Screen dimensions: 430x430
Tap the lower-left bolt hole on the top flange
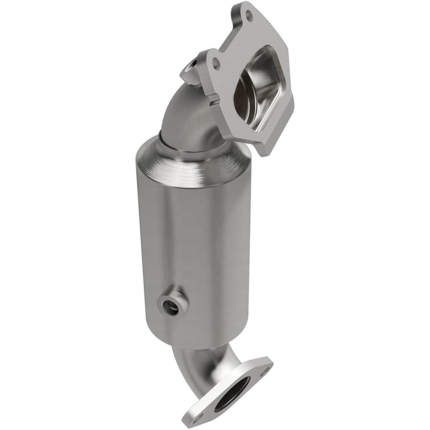click(x=216, y=63)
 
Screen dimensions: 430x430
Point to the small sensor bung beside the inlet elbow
click(x=192, y=71)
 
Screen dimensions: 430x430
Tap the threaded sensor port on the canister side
click(x=171, y=305)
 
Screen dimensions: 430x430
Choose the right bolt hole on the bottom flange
click(x=265, y=369)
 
